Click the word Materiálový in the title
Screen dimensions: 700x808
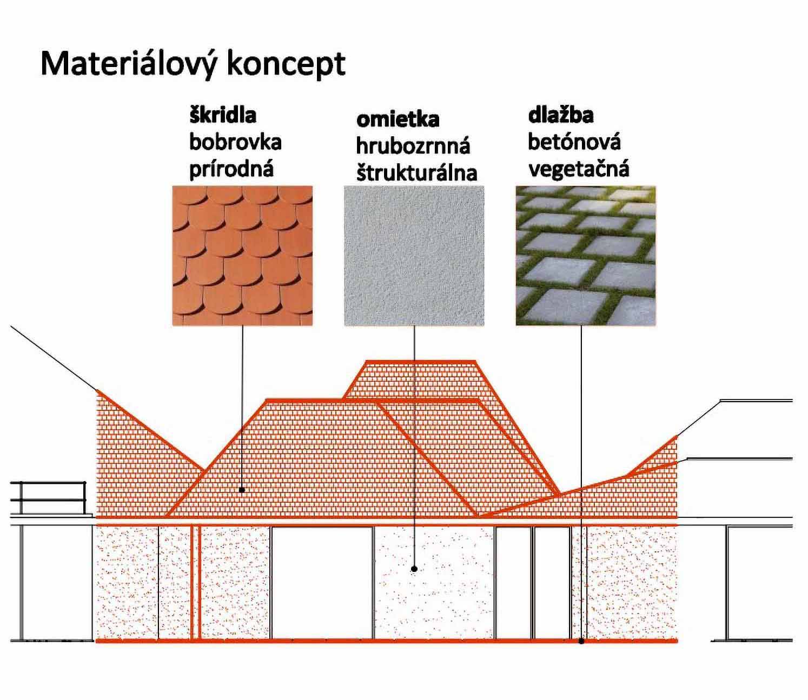tap(128, 64)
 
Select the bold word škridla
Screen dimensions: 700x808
tap(222, 115)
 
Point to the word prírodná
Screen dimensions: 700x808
tap(231, 169)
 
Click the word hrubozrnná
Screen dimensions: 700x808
tap(413, 145)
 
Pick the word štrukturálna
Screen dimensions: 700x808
tap(416, 172)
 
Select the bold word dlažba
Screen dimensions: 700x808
tap(560, 115)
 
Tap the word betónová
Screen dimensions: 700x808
tap(574, 142)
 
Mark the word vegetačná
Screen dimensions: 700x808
tap(578, 169)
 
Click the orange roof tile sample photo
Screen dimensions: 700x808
tap(242, 256)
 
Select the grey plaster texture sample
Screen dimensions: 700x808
tap(414, 256)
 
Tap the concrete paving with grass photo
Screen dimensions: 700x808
tap(585, 256)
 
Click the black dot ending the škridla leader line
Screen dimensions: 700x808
tap(242, 490)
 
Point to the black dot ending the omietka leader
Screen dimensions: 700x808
tap(414, 569)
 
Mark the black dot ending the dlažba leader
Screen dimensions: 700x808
tap(581, 642)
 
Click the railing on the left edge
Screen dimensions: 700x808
tap(49, 497)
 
